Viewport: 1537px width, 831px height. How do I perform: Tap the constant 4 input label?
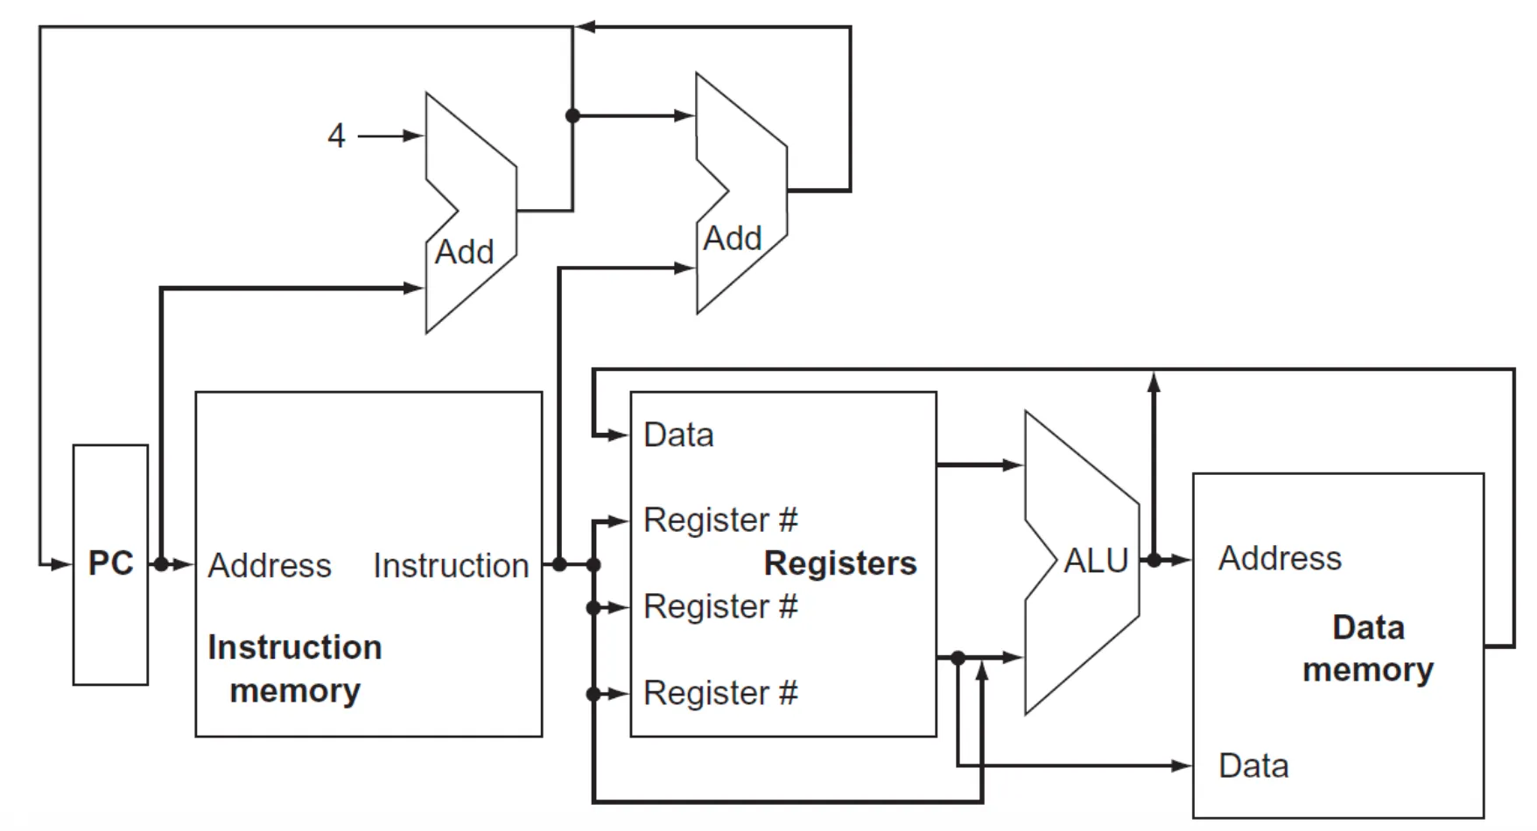(336, 136)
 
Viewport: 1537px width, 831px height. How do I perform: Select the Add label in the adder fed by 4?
(465, 252)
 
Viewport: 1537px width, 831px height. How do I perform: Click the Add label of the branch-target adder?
(733, 238)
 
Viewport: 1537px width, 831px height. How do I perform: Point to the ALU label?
(1096, 561)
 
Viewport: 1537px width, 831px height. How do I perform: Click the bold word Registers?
(840, 563)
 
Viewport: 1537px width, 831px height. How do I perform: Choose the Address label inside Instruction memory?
(270, 566)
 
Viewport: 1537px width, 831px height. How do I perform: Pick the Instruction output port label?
(451, 566)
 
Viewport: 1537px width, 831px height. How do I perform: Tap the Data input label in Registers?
(678, 435)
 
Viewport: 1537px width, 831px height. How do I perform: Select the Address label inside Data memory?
(1280, 558)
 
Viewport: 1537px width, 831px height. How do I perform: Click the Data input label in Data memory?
(1253, 766)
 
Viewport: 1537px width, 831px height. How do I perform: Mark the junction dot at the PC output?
(161, 564)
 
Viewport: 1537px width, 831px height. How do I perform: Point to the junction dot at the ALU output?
(1154, 560)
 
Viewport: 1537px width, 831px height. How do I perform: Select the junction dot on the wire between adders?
(572, 115)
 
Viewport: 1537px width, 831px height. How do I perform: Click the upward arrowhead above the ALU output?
(1154, 381)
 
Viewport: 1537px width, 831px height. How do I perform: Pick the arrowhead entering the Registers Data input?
(621, 435)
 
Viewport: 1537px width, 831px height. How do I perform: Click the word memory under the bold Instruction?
(295, 691)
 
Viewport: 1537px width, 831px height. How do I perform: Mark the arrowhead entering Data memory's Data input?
(1183, 766)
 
